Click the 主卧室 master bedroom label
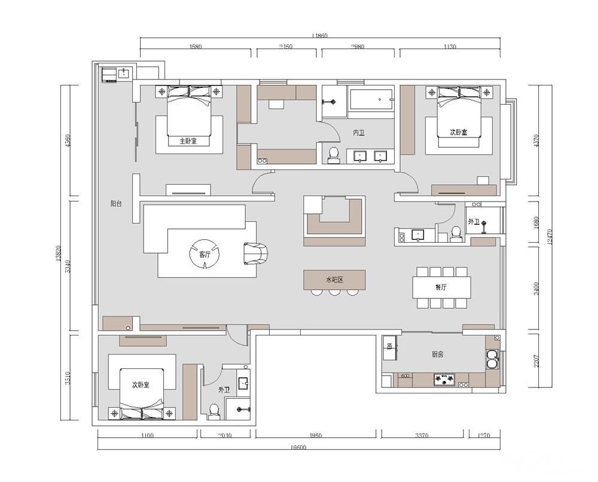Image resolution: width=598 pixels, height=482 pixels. (x=189, y=142)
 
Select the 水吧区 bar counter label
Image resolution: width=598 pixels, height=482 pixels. (x=337, y=279)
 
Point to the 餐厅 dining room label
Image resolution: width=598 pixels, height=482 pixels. (x=441, y=287)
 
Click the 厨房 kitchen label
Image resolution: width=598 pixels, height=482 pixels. (x=438, y=354)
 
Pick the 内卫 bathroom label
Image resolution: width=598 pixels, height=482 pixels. (x=359, y=133)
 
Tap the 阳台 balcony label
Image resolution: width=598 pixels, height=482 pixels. (x=116, y=204)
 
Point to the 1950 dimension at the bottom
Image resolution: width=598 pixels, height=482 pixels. (x=316, y=435)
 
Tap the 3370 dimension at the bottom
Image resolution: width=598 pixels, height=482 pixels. (x=422, y=435)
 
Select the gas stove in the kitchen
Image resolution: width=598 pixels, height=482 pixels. (x=444, y=379)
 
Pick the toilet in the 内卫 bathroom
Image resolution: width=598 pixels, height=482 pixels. (x=333, y=155)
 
